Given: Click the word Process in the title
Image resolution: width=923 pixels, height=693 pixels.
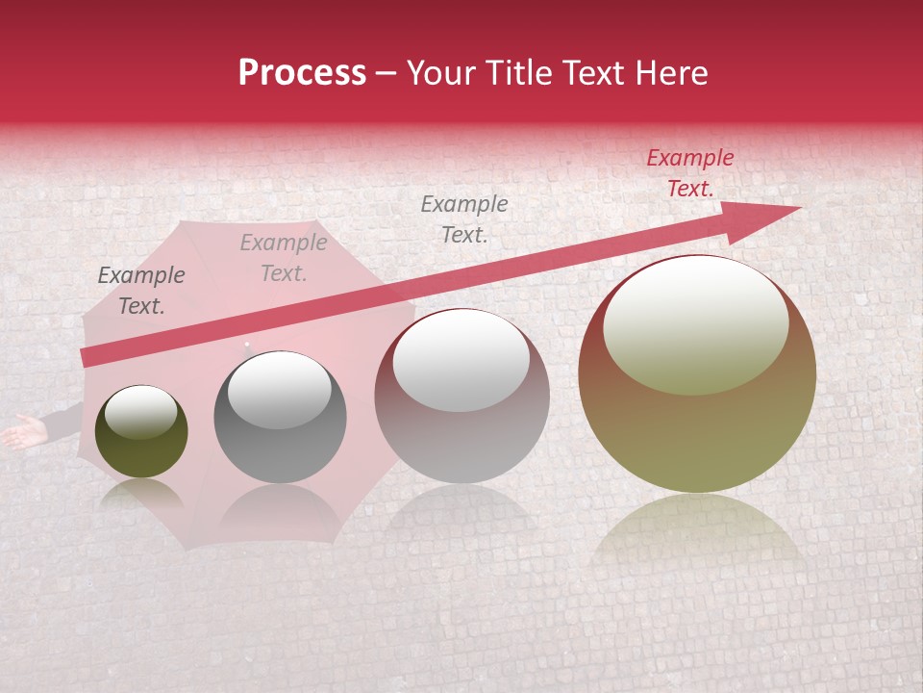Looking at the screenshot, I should click(x=302, y=73).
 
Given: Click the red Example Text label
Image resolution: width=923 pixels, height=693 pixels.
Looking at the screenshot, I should click(x=689, y=173).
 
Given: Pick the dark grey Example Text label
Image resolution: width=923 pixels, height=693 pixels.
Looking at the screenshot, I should click(x=140, y=291).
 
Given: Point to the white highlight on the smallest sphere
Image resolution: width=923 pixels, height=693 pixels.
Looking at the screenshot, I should click(x=140, y=412).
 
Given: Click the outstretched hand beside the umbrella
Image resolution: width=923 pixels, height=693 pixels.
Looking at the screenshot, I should click(x=21, y=433).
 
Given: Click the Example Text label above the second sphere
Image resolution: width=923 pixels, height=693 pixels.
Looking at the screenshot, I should click(x=283, y=258).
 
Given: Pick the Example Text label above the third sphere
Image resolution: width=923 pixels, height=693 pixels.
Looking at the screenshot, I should click(x=464, y=219).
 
